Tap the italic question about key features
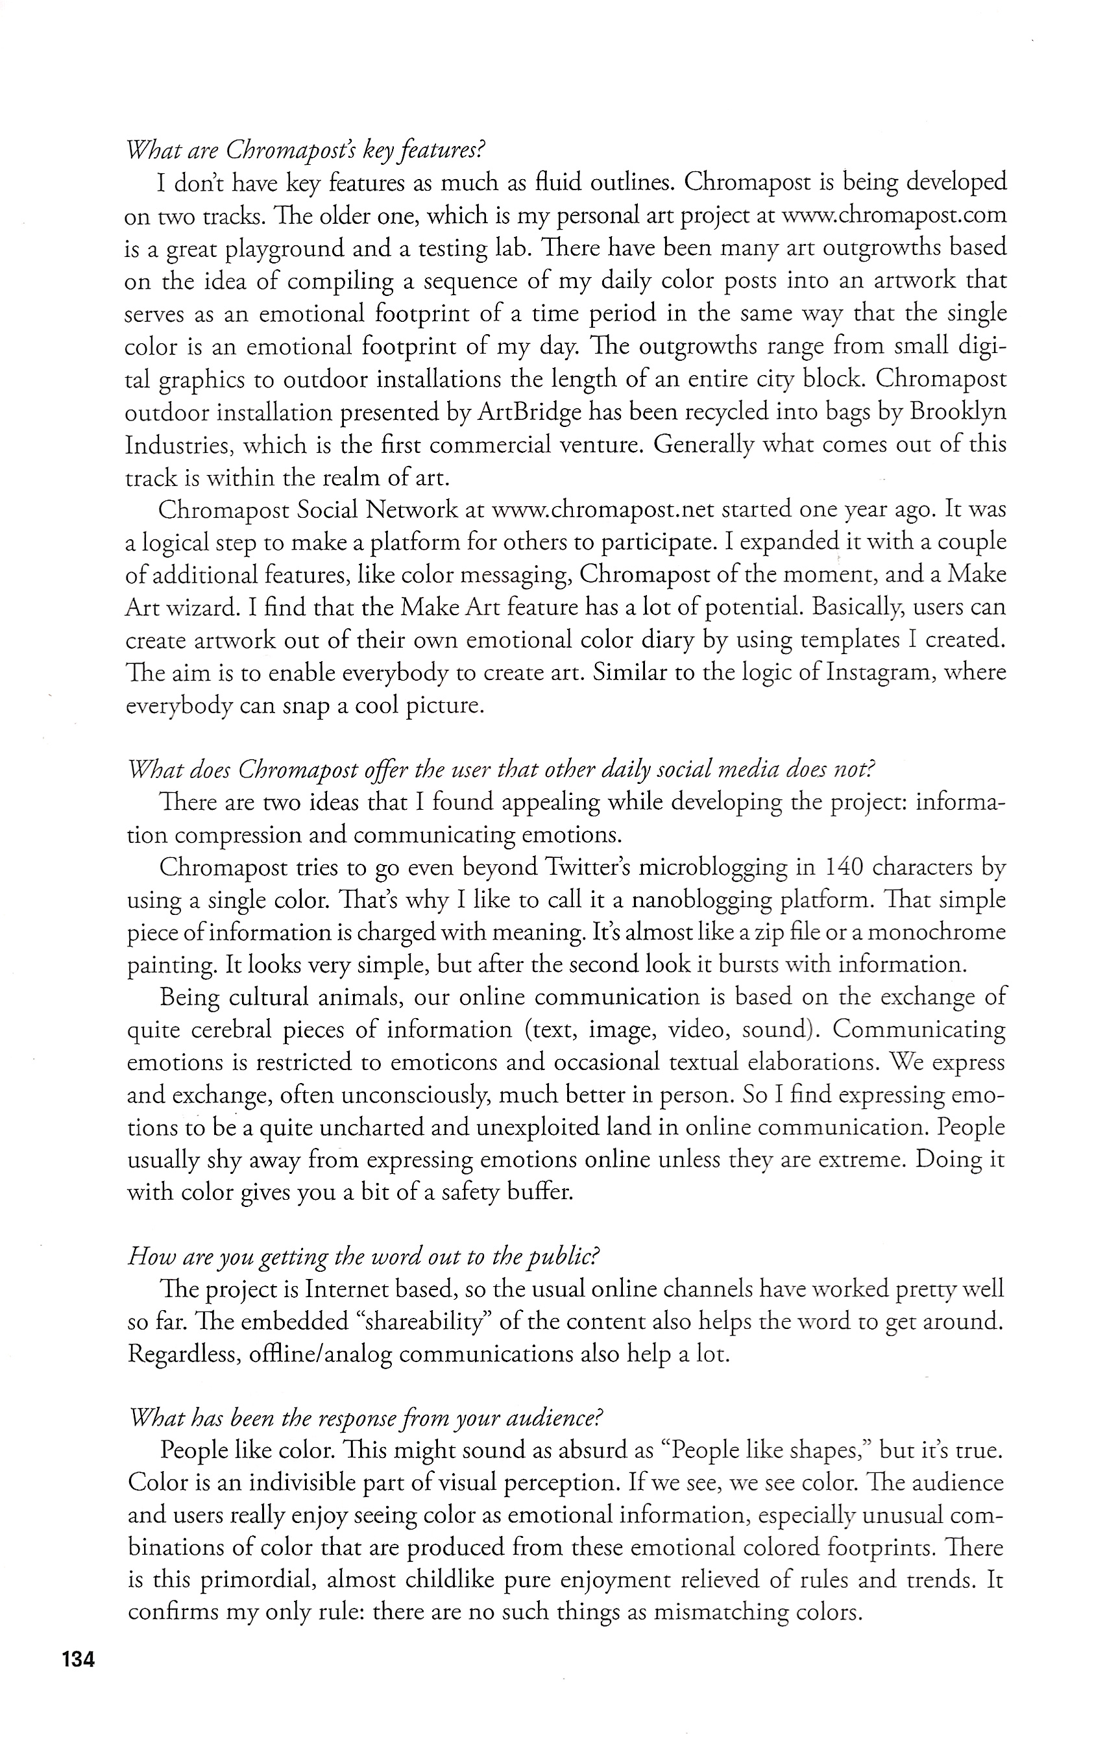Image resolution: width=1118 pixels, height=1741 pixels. pos(305,151)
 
